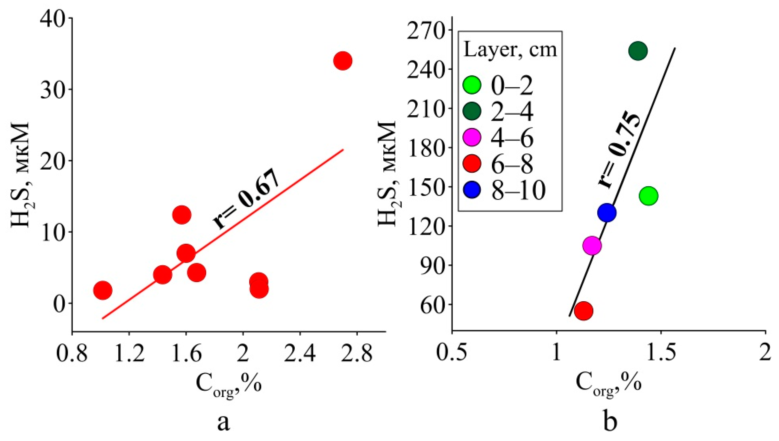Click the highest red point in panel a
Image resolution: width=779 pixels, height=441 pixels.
(x=342, y=61)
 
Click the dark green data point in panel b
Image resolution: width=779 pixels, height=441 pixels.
(x=638, y=51)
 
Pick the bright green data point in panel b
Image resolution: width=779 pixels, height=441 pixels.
(x=648, y=196)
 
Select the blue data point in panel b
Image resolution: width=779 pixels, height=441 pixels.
(x=607, y=213)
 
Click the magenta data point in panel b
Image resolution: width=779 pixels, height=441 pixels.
(x=592, y=245)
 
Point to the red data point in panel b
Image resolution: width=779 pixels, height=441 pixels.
(x=584, y=311)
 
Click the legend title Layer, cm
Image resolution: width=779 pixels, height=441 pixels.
(x=510, y=50)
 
